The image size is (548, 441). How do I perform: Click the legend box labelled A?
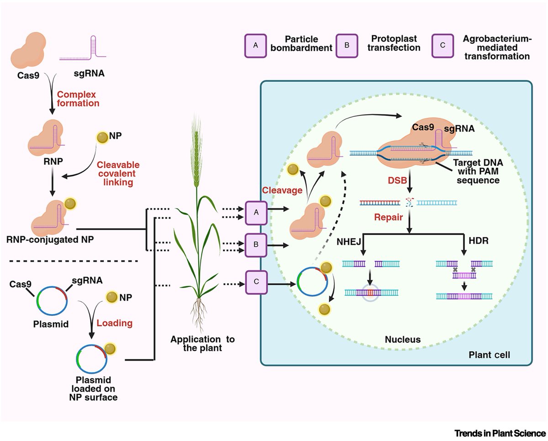pos(255,46)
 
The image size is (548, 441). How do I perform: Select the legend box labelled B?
pos(347,46)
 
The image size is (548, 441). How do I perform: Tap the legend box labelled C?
pos(443,46)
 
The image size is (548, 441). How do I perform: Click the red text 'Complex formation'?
pos(78,99)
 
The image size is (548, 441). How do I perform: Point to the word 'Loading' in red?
pos(114,323)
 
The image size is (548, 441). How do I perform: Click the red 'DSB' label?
pos(397,180)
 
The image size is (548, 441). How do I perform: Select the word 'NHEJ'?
pos(349,241)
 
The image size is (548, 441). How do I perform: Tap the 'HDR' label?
pos(479,241)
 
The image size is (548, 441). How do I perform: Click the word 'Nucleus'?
pos(403,339)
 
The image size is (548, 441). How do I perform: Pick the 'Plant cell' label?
pos(489,355)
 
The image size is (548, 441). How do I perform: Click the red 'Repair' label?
pos(388,217)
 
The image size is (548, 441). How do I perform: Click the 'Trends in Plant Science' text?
pos(500,433)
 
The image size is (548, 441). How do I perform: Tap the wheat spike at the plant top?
pos(196,150)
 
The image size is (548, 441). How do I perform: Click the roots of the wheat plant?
pos(199,315)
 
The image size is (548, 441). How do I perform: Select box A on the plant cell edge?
pos(256,213)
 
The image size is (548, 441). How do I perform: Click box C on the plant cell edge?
pos(257,282)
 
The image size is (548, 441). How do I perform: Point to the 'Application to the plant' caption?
pos(202,343)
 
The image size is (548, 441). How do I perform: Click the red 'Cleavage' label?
pos(282,190)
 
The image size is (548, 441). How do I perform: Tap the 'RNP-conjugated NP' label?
pos(50,240)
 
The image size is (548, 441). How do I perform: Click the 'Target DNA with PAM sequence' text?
pos(478,171)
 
